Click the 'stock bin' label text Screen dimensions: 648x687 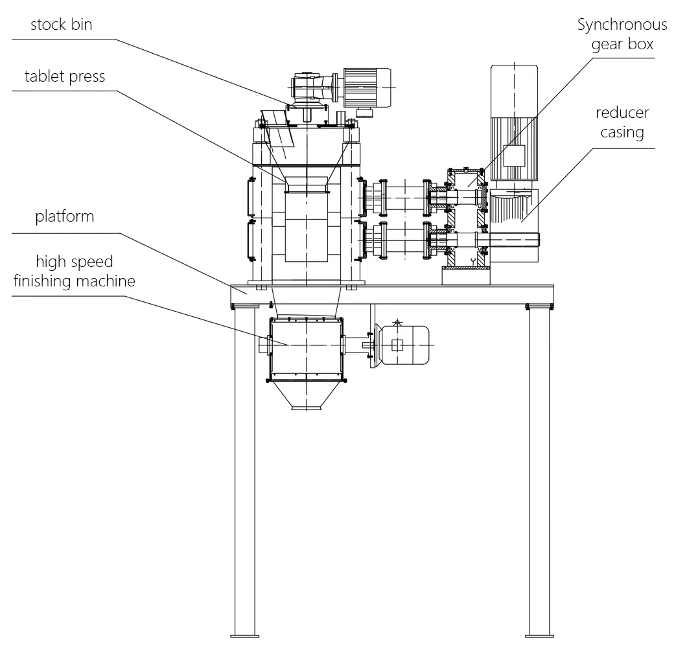click(x=61, y=25)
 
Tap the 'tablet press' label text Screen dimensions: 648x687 click(x=64, y=76)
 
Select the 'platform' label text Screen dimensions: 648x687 click(x=64, y=216)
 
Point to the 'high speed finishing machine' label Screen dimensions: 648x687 click(x=74, y=271)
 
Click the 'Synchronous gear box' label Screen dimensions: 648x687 click(x=622, y=35)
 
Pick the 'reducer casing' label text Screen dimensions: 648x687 click(x=622, y=122)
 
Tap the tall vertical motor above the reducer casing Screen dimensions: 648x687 click(x=514, y=123)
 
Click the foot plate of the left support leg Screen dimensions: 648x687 click(x=244, y=635)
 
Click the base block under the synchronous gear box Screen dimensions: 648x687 click(x=466, y=276)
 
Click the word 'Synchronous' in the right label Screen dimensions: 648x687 click(x=622, y=25)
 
